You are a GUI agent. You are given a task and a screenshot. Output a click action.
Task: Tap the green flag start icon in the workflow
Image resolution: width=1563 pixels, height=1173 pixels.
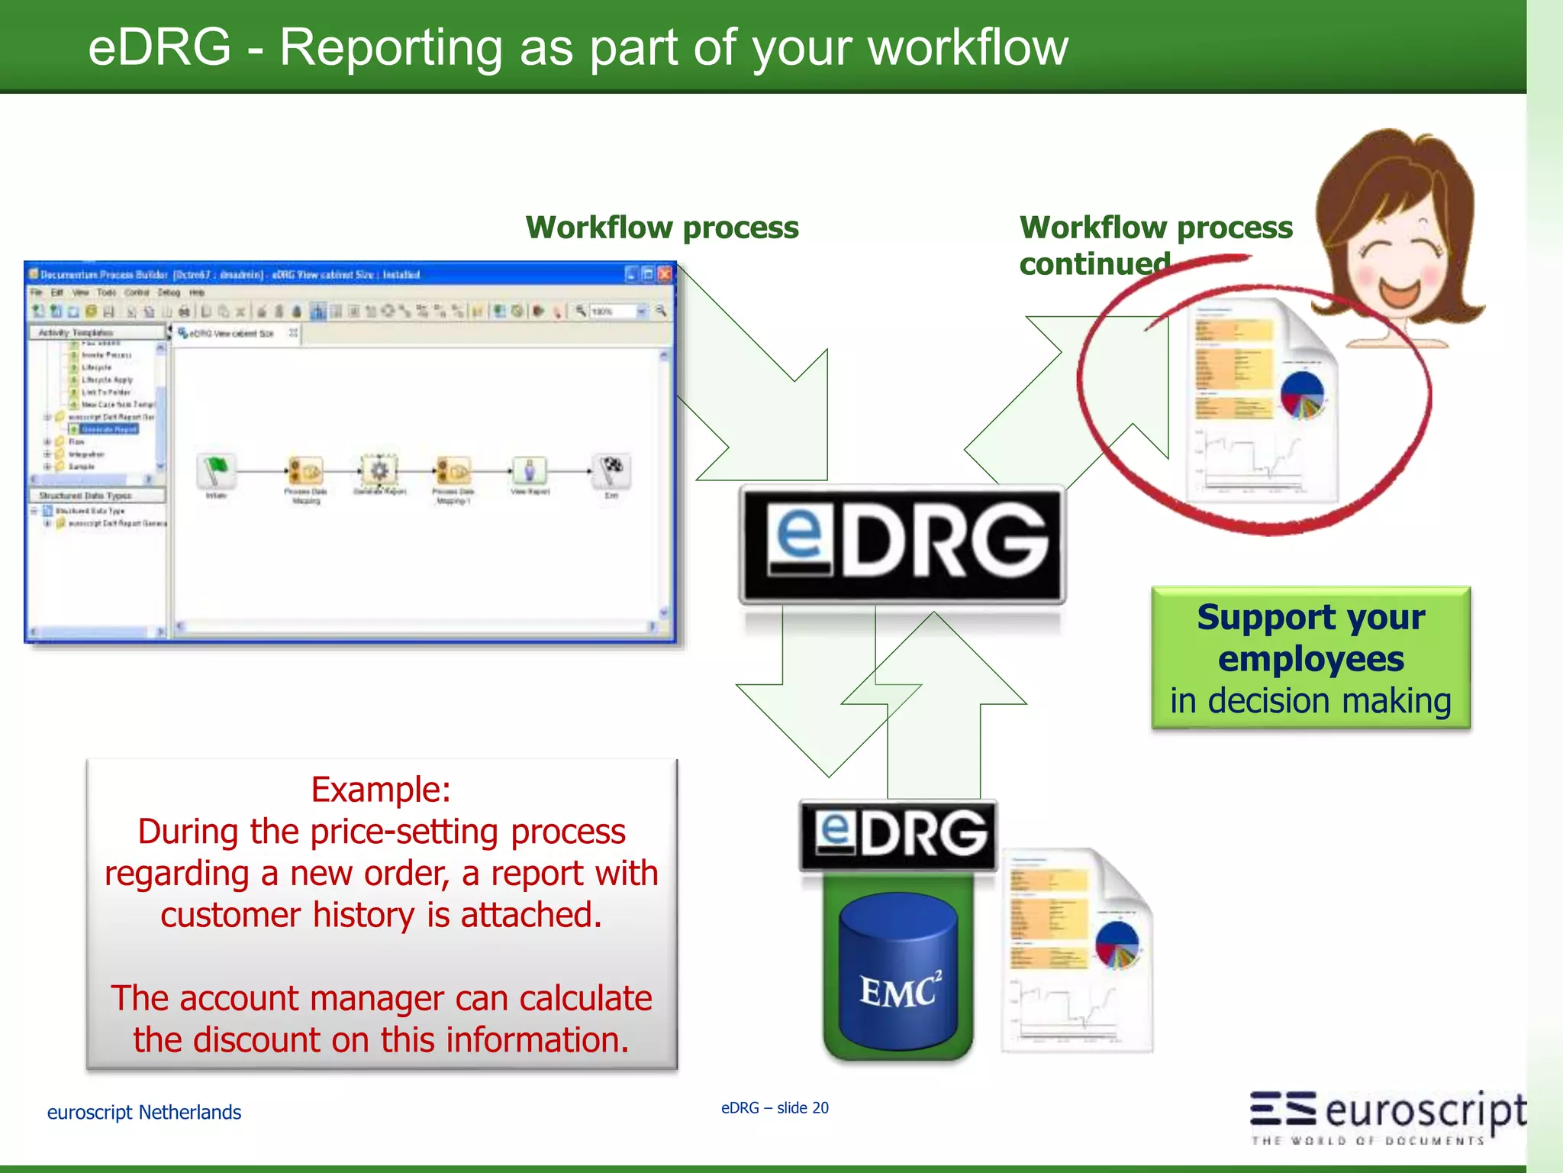217,470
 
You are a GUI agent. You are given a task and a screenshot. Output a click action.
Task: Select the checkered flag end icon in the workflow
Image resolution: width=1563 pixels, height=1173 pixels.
612,470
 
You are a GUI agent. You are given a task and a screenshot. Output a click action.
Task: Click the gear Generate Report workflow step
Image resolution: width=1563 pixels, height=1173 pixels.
379,470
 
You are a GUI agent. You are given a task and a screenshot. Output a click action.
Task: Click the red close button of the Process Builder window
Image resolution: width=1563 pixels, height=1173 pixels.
665,274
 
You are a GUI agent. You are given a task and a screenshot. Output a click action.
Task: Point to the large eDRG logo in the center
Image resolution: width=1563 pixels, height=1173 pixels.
902,544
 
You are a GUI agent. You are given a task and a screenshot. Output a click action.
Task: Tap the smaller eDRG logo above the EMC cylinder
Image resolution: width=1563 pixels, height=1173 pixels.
898,834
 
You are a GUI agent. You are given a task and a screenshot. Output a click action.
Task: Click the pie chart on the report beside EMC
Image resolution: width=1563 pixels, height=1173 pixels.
1117,943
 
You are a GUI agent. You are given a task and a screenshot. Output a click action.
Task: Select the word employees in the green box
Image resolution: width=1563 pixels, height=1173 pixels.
1310,659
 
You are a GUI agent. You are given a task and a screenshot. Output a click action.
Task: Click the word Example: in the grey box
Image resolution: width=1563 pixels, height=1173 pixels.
381,789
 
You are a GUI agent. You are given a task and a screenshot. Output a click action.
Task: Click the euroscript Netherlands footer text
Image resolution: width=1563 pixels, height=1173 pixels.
144,1113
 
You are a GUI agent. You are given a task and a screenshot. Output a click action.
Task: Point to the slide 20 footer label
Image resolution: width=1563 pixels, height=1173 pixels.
801,1108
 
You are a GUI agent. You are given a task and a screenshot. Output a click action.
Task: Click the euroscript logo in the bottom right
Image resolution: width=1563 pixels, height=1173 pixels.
1387,1114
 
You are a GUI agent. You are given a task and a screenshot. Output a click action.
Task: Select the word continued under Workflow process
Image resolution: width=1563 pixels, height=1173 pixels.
1094,264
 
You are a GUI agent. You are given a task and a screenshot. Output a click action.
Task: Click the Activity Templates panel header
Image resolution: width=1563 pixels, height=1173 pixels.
76,333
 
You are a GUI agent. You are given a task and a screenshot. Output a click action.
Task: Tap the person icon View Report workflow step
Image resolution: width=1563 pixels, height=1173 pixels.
530,470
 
